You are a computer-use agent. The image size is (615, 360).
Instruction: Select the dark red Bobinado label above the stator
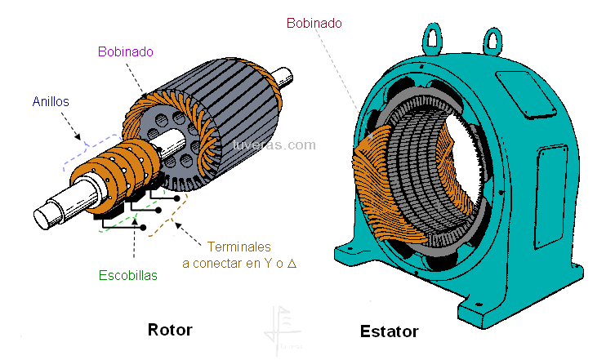click(314, 24)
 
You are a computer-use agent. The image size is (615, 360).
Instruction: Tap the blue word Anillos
click(51, 102)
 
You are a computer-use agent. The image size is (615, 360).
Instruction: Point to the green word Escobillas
click(128, 275)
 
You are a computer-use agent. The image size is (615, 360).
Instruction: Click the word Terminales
click(238, 246)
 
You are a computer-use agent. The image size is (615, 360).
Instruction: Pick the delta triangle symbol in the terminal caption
click(292, 263)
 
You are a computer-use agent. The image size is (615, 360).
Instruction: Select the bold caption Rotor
click(170, 330)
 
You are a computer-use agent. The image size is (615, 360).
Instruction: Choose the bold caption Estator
click(389, 331)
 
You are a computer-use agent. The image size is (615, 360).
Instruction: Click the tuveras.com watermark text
click(274, 145)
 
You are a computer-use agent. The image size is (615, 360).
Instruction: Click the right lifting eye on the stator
click(492, 38)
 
